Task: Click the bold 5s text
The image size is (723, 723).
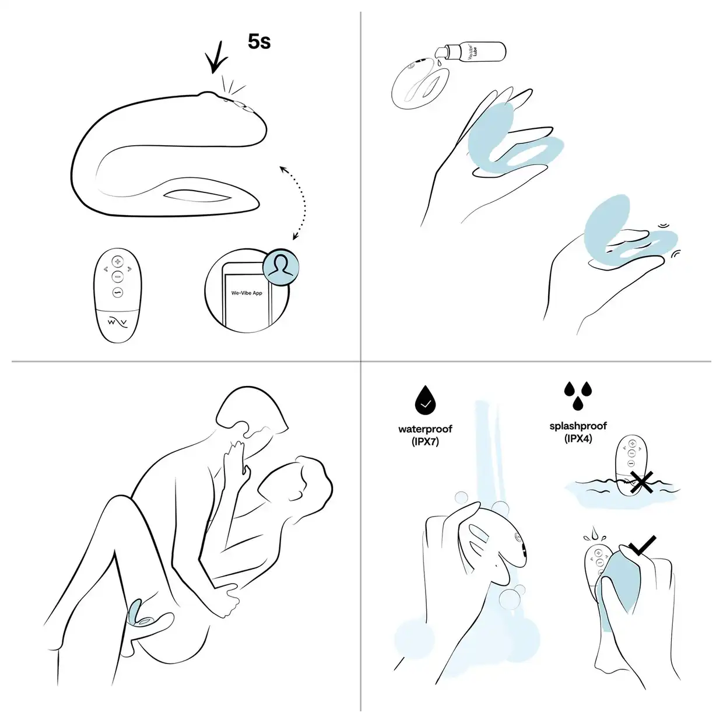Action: tap(259, 41)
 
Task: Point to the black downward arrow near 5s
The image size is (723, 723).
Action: tap(217, 57)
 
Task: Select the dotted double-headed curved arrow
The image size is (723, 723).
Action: tap(300, 202)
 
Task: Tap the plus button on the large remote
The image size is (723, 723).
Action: tap(118, 261)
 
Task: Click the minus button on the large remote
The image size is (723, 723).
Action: tap(117, 276)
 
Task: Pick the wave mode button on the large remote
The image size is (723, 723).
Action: tap(118, 292)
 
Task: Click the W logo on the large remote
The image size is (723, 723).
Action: tap(118, 322)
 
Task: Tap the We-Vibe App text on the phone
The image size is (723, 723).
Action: tap(247, 293)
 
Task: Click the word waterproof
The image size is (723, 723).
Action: tap(425, 429)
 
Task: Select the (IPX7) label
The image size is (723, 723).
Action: tap(425, 441)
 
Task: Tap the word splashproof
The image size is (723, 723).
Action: tap(578, 426)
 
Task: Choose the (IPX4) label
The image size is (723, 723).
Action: tap(578, 438)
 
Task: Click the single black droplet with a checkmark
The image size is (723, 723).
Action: tap(425, 400)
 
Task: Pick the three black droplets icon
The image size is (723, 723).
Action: tap(578, 396)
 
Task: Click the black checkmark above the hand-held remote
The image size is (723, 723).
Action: tap(643, 545)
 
